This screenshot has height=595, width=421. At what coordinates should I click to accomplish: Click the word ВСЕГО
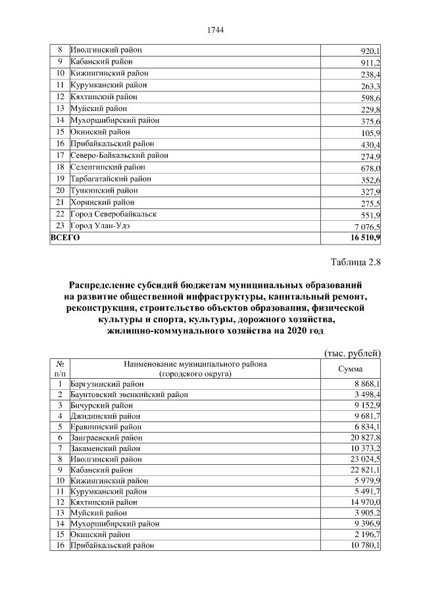65,238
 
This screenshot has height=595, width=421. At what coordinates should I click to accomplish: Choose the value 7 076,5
366,227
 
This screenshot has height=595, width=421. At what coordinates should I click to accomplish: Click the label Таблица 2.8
355,264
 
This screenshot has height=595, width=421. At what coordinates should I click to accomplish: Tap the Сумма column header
350,369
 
